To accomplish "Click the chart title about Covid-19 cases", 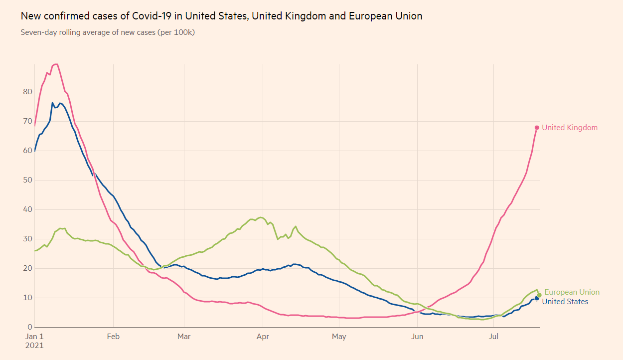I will point(221,16).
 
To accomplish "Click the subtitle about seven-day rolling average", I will point(108,32).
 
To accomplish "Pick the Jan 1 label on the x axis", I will point(34,337).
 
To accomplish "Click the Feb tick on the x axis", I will point(113,337).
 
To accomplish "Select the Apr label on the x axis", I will point(263,337).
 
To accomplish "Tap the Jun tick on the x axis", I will point(417,337).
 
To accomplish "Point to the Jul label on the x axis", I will point(494,337).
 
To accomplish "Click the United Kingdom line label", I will point(570,128).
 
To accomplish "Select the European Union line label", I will point(572,292).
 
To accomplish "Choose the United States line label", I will point(565,302).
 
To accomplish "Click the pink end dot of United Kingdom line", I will point(537,128).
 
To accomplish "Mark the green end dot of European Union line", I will point(539,295).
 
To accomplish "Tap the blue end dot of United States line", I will point(537,298).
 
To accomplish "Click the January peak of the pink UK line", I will point(56,64).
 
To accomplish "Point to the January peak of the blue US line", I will point(52,103).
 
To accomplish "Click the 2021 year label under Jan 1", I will point(34,345).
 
